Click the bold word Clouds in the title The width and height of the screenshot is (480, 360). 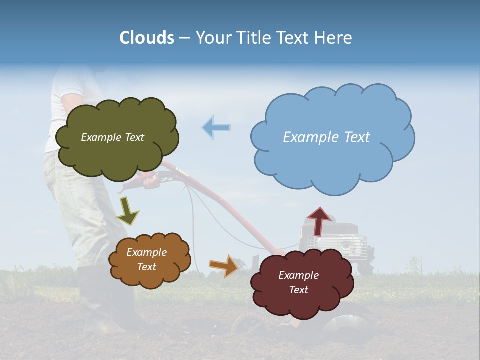(x=147, y=38)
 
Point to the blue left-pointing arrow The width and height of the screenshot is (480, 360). (x=216, y=127)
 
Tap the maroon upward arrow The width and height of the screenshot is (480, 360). (x=318, y=220)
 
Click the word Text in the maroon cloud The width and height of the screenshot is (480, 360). (x=298, y=290)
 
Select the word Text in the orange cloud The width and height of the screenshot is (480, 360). (x=147, y=267)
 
